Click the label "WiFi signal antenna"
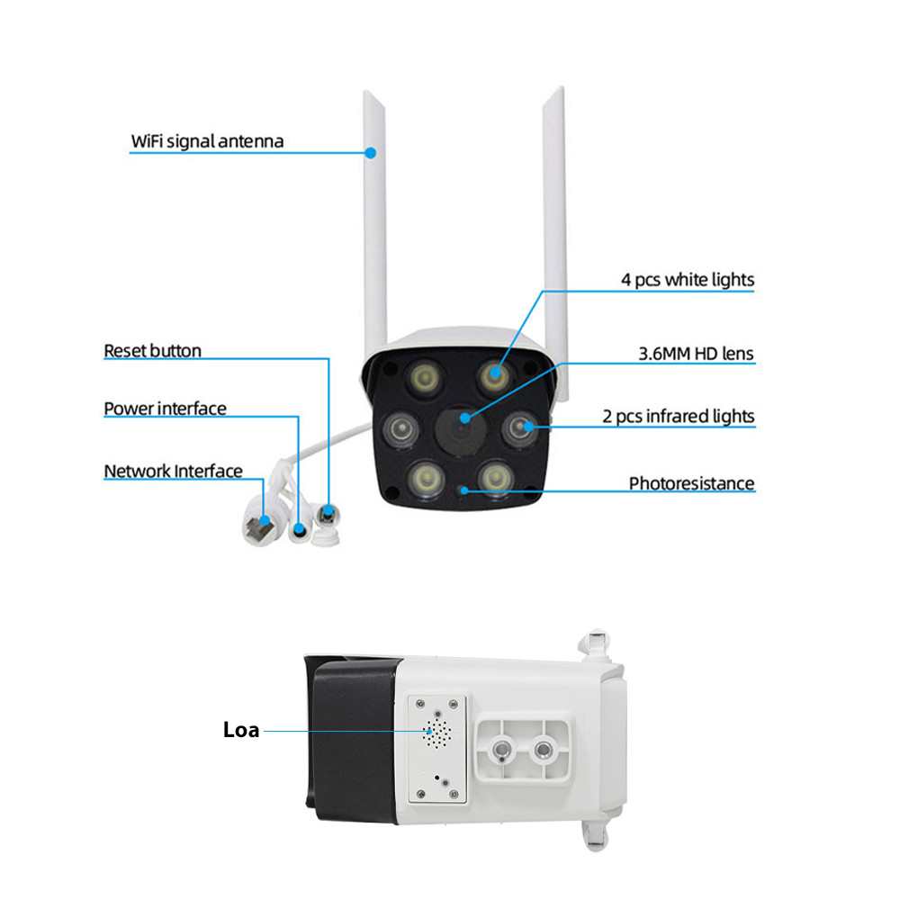point(207,141)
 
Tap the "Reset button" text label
point(152,350)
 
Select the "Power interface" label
point(165,409)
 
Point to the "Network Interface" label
point(173,471)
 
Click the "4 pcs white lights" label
point(688,280)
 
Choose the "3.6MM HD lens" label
point(696,354)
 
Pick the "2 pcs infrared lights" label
point(678,416)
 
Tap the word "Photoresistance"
point(691,483)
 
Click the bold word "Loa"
point(241,730)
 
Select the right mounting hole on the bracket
point(543,749)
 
